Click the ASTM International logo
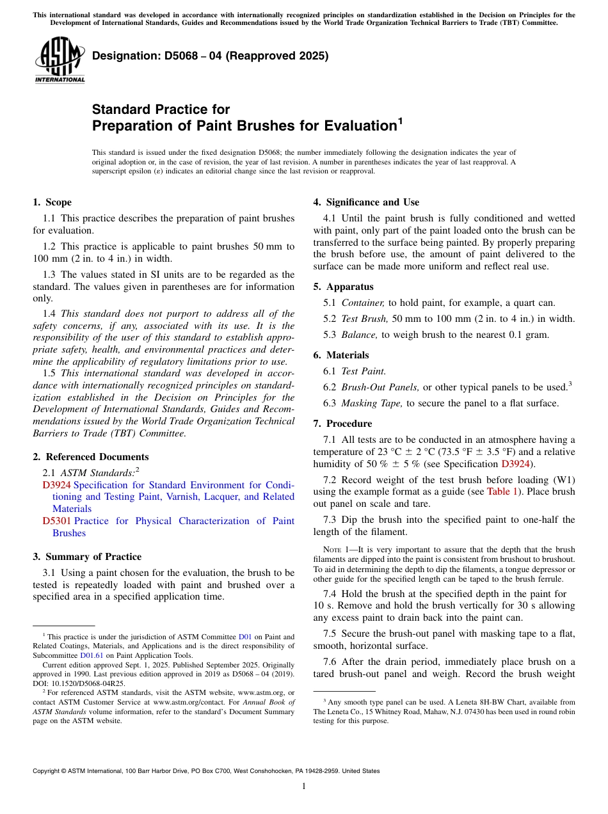(60, 61)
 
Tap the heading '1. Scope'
(52, 202)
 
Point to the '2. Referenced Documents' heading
(90, 457)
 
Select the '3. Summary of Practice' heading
(86, 557)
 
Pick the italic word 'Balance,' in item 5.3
(360, 335)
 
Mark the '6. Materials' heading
(340, 355)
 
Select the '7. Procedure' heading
(342, 424)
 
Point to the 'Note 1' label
(336, 550)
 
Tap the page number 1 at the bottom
(304, 786)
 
